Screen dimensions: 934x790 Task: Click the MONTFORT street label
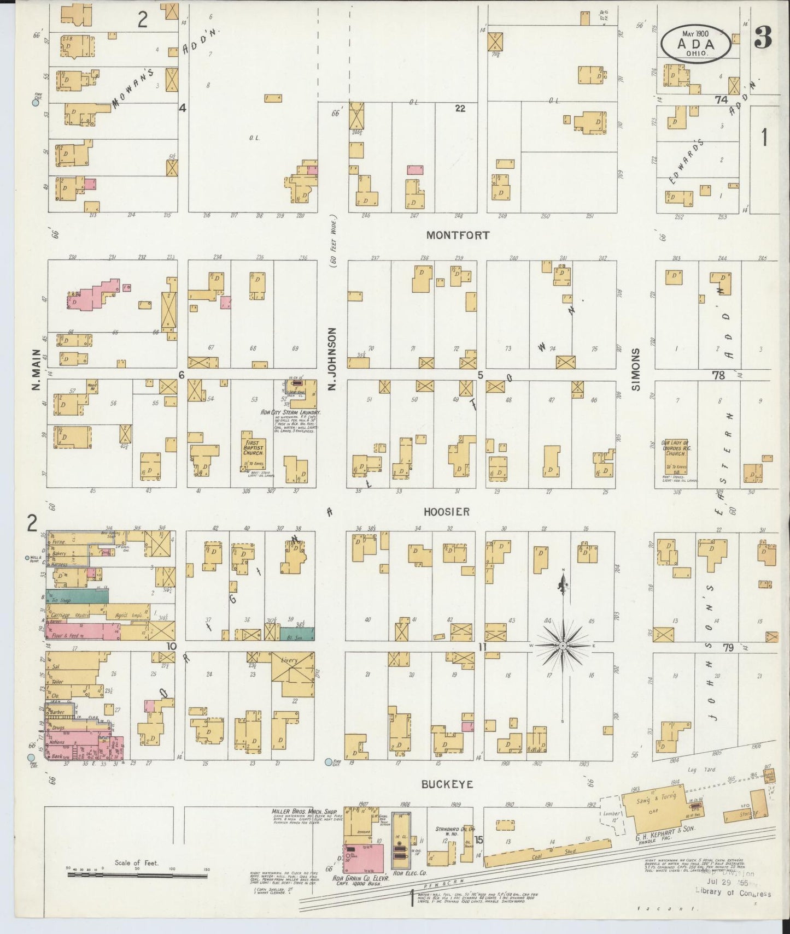pos(458,235)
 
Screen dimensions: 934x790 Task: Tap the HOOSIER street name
pos(447,512)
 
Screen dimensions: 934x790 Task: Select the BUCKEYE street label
pos(447,784)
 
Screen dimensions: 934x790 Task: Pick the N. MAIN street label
pos(36,370)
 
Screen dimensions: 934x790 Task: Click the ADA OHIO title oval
pos(695,44)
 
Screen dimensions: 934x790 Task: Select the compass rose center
pos(563,646)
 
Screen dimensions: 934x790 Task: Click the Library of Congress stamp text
pos(733,894)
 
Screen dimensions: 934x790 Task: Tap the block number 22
pos(460,109)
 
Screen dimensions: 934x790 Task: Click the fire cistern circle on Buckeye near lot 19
pos(329,762)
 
